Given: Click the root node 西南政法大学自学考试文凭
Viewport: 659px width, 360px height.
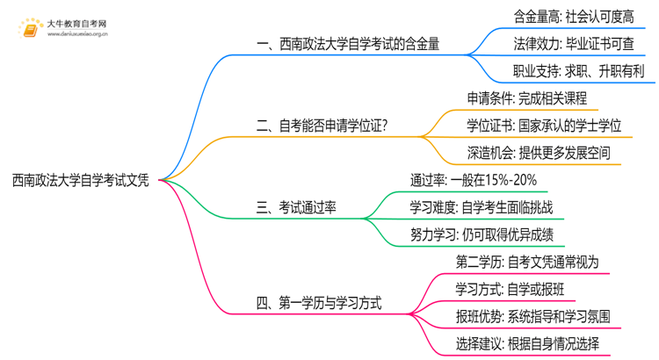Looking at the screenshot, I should coord(81,181).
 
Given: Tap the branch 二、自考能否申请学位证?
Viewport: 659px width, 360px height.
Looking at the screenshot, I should coord(322,126).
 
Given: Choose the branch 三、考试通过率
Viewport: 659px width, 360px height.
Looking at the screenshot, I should coord(299,207).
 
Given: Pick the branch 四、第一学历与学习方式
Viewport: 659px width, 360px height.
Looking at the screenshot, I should coord(319,304).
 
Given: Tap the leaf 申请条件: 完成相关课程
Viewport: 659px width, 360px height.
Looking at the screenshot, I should coord(527,98).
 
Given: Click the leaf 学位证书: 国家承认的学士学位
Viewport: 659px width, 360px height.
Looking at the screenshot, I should coord(544,126).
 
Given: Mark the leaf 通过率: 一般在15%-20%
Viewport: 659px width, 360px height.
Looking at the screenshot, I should coord(474,180).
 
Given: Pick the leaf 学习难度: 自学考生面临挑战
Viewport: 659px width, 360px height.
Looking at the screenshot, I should coord(486,207).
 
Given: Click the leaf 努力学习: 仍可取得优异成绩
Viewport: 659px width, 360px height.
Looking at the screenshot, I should coord(486,234).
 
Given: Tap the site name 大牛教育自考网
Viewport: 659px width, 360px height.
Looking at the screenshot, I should coord(77,24).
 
